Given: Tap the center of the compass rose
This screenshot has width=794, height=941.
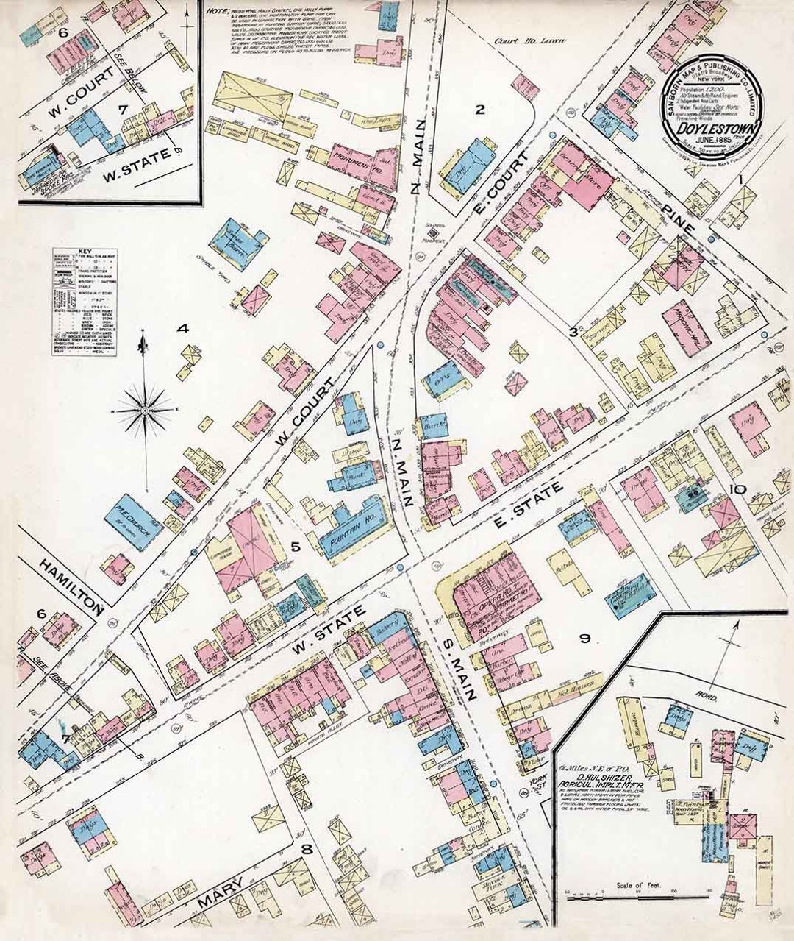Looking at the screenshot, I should click(146, 407).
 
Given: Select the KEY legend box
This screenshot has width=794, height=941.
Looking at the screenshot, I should click(84, 302).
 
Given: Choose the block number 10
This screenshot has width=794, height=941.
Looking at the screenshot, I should click(737, 489).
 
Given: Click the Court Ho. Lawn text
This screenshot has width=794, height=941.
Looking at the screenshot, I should click(516, 43).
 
